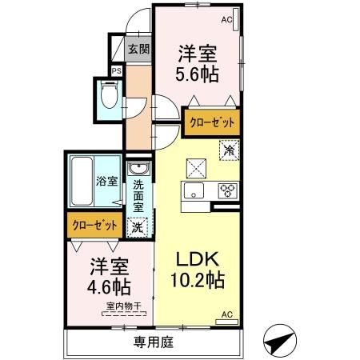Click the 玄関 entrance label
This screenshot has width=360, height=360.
pyautogui.click(x=138, y=49)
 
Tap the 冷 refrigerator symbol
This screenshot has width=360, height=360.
pyautogui.click(x=229, y=149)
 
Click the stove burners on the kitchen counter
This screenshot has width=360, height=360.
pyautogui.click(x=228, y=190)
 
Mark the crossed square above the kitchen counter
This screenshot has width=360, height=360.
pyautogui.click(x=196, y=167)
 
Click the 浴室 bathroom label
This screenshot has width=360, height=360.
pyautogui.click(x=107, y=182)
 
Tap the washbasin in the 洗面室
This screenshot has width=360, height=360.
pyautogui.click(x=138, y=170)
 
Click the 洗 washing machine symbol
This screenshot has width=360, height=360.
pyautogui.click(x=138, y=226)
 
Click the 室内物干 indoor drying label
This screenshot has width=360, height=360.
pyautogui.click(x=120, y=306)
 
